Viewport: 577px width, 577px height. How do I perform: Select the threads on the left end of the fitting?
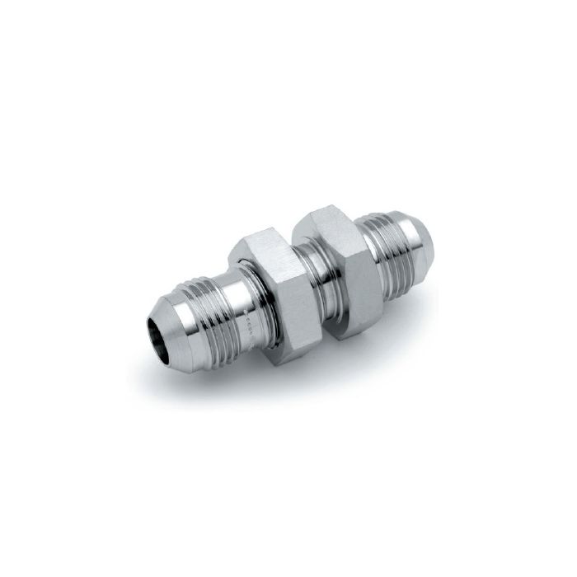pyautogui.click(x=206, y=305)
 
